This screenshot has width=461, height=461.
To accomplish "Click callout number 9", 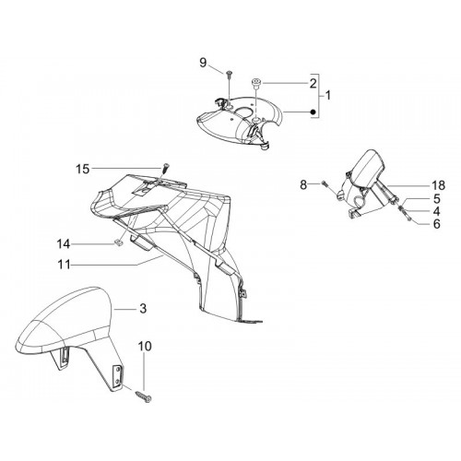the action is coord(203,63).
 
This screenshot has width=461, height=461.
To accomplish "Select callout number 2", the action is coord(313,83).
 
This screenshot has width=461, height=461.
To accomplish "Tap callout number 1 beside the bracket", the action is coord(328,96).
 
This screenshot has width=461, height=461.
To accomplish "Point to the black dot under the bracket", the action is coord(313,112).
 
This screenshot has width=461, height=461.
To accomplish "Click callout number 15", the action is coord(82,169).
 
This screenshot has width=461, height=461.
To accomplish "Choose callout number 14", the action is coord(64,244).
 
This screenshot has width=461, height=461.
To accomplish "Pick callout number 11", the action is coord(65,265).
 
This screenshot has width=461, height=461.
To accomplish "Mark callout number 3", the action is coord(143,309).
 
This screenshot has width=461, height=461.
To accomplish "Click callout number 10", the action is coord(145,347).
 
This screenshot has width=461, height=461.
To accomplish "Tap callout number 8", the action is coord(303,185).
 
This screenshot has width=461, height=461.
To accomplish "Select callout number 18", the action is coord(438,185).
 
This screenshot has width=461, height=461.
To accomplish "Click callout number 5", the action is coord(437,199).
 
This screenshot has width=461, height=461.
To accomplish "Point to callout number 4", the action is coord(437,211).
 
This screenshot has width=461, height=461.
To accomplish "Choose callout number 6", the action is coord(437,224).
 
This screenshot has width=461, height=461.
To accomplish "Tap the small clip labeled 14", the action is coord(116,243).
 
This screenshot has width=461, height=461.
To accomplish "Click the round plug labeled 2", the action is coord(255,83).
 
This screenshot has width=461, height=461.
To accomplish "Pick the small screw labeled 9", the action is coord(230,74).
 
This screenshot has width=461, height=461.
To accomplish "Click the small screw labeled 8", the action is coord(325,183).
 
